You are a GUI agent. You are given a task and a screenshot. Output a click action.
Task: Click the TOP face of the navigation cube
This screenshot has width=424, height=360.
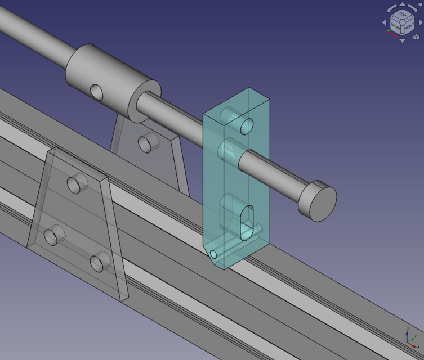[402, 15]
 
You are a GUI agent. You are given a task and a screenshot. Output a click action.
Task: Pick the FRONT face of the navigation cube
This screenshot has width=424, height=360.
[396, 26]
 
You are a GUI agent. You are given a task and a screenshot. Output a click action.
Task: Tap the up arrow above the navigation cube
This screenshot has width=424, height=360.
[402, 5]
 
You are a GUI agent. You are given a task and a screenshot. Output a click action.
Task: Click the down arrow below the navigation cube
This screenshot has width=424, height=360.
[402, 40]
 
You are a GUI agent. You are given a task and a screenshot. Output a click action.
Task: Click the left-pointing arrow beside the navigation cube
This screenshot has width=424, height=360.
[385, 23]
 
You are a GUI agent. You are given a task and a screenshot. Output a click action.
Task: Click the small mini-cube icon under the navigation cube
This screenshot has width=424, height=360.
[416, 37]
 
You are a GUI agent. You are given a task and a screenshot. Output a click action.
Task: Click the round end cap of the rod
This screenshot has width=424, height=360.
[318, 201]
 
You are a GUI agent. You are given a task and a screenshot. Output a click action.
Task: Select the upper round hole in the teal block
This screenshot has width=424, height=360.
[247, 126]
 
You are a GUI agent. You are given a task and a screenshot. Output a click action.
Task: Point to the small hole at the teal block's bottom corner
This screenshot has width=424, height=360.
[213, 254]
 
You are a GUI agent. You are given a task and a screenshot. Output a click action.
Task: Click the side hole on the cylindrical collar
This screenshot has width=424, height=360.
[97, 92]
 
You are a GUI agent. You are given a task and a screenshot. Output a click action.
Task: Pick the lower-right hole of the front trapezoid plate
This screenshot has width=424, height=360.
[100, 262]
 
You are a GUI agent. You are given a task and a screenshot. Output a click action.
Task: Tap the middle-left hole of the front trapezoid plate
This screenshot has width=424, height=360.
[53, 236]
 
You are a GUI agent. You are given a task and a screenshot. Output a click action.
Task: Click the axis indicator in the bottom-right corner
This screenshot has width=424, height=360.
[410, 336]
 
